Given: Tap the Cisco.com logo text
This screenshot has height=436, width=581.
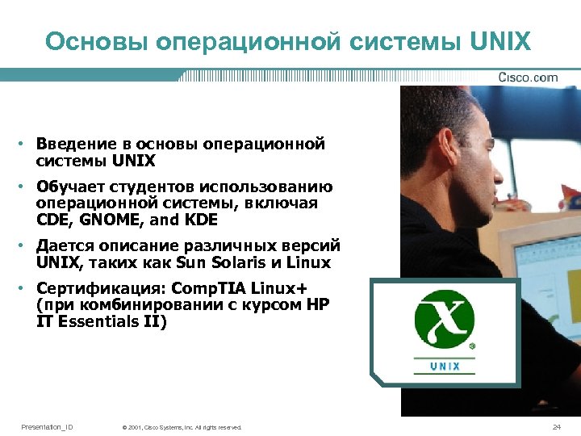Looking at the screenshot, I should pos(528,78).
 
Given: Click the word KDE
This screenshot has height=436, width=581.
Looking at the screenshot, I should pos(202,220).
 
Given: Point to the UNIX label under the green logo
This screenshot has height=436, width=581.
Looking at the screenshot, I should pos(445,366).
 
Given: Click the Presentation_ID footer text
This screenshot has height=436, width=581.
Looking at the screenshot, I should pos(47,426).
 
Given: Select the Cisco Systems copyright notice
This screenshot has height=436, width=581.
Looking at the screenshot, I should pos(181,427).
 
